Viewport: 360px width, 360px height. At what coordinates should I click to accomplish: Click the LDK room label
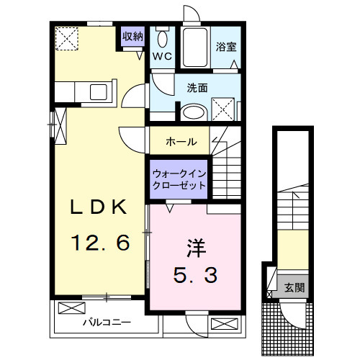(99, 207)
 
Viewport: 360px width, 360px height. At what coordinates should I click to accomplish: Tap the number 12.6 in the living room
(99, 243)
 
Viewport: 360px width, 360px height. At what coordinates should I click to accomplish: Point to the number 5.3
(194, 274)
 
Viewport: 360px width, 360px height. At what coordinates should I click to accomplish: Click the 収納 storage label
(132, 36)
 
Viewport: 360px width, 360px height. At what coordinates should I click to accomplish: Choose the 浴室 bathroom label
(227, 48)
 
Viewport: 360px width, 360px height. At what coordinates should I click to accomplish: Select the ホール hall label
(181, 142)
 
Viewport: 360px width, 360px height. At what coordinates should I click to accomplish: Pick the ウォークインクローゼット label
(179, 179)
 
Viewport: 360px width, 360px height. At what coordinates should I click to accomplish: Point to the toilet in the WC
(162, 40)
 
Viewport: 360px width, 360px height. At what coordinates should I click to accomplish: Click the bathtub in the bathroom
(194, 49)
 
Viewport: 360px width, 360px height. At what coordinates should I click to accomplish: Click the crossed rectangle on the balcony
(71, 309)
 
